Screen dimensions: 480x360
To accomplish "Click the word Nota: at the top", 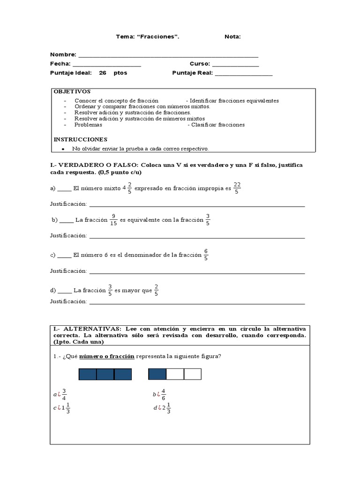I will tap(232, 37).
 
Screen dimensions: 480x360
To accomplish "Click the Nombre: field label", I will tap(63, 55).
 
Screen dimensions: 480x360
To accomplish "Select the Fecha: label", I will tap(60, 64).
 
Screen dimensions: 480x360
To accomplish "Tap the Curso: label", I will tap(200, 64).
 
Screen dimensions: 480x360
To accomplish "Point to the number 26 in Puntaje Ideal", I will tap(103, 73).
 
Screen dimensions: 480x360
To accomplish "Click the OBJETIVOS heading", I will tap(72, 91).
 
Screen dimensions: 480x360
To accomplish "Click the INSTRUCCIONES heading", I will tap(80, 139).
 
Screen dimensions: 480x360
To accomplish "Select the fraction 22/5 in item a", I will tap(237, 187).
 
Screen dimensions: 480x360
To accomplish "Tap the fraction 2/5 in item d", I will tap(156, 290).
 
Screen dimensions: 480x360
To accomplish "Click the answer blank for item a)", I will tap(65, 189).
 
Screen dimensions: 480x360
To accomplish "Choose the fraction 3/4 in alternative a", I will tap(64, 395).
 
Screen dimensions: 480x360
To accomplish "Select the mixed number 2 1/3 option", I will tap(165, 408).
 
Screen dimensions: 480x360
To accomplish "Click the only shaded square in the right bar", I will tap(157, 374).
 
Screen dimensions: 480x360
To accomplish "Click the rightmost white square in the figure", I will tap(192, 374).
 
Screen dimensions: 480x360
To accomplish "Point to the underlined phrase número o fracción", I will tap(107, 356).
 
